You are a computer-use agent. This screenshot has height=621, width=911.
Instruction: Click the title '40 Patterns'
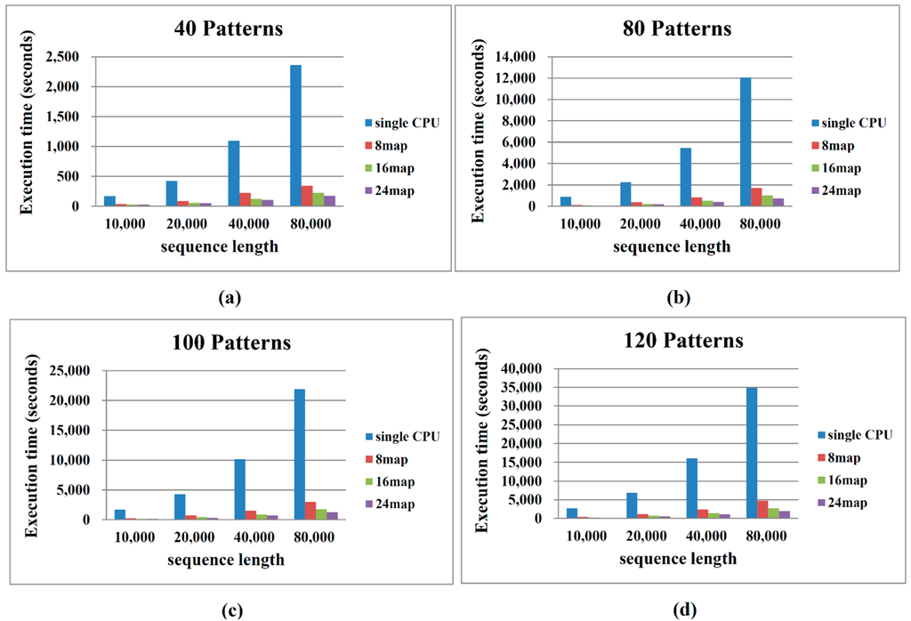pyautogui.click(x=229, y=28)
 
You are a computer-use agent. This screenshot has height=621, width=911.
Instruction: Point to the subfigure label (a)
pyautogui.click(x=230, y=298)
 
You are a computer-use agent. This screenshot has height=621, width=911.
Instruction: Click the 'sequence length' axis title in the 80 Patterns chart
pyautogui.click(x=676, y=246)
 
